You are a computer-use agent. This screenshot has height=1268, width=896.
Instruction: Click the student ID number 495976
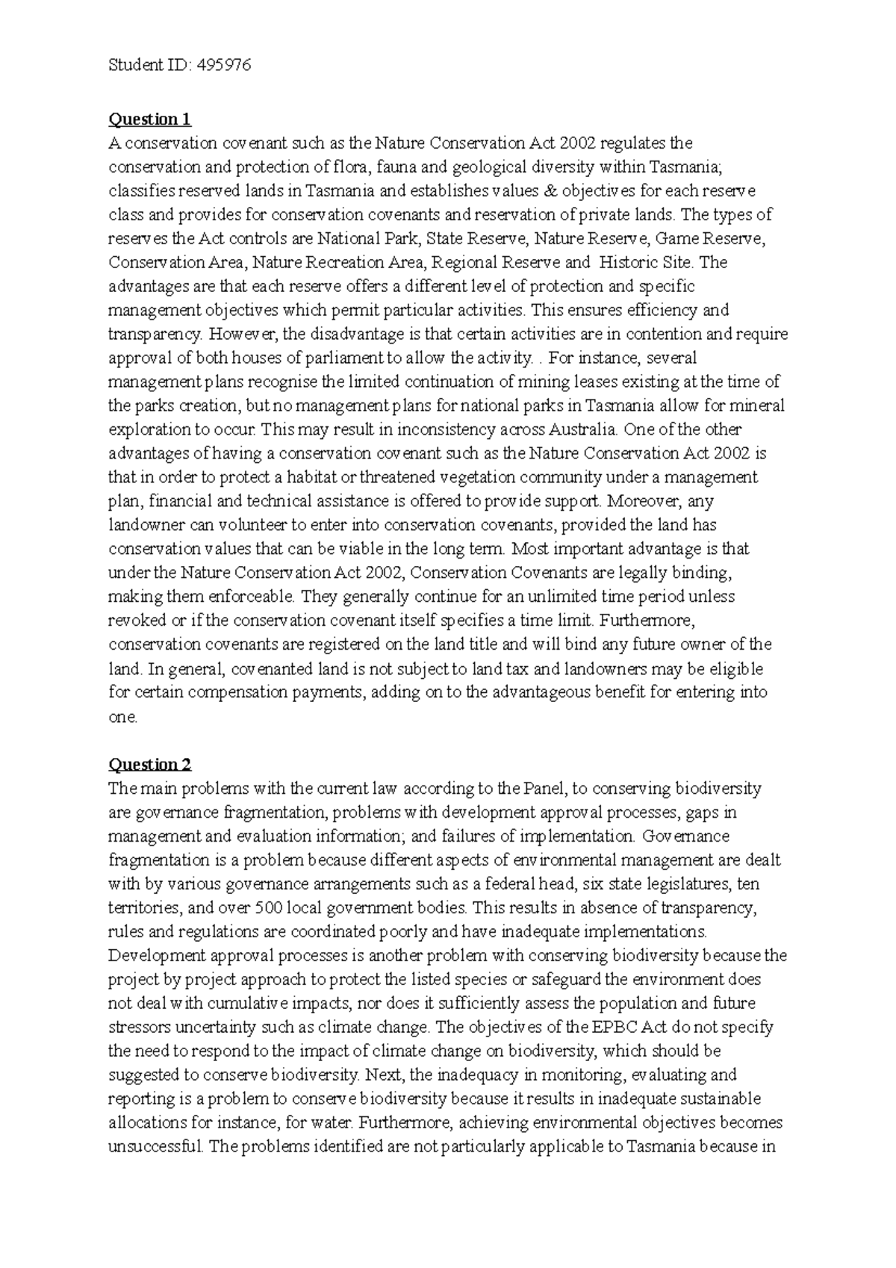point(223,66)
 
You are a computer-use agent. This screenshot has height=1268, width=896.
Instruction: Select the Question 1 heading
point(150,119)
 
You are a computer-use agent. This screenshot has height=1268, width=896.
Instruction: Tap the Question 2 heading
point(150,765)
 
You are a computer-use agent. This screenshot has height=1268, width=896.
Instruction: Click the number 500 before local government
point(270,908)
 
